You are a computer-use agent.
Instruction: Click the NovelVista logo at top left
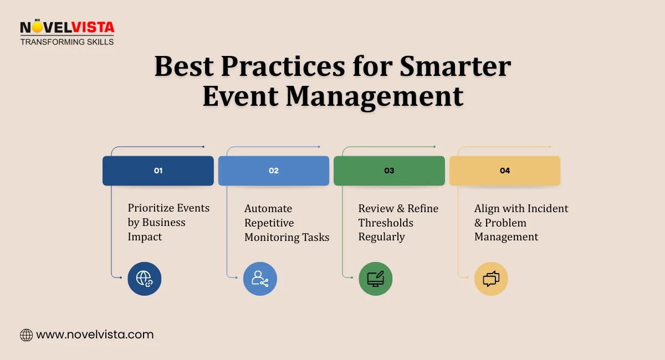point(66,27)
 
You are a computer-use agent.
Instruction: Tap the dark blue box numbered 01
point(158,171)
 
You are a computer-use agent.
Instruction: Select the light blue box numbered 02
point(273,171)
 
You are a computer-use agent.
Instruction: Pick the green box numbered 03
point(389,171)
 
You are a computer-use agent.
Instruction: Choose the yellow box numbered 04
point(504,171)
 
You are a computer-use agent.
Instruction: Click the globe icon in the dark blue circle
point(144,279)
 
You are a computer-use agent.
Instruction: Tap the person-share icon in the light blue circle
point(260,279)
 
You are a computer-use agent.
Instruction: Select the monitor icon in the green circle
point(375,279)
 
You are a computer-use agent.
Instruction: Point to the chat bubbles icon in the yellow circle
point(491,279)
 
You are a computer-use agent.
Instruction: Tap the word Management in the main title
point(375,95)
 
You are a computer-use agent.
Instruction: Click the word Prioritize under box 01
point(150,208)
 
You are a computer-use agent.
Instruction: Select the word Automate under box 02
point(268,209)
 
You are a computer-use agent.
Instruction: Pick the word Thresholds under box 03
point(386,223)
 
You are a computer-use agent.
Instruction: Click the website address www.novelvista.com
point(95,335)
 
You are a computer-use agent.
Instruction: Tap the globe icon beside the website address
point(26,335)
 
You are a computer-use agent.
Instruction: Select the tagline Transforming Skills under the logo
point(66,42)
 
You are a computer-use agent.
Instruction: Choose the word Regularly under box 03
point(382,237)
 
